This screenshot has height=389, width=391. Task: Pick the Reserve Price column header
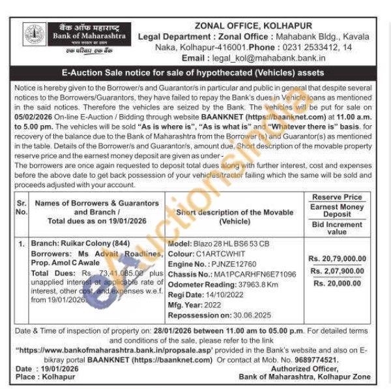coord(337,197)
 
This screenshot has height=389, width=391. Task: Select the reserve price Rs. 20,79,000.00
coord(337,257)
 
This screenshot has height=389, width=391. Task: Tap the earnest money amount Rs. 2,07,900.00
coord(337,270)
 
